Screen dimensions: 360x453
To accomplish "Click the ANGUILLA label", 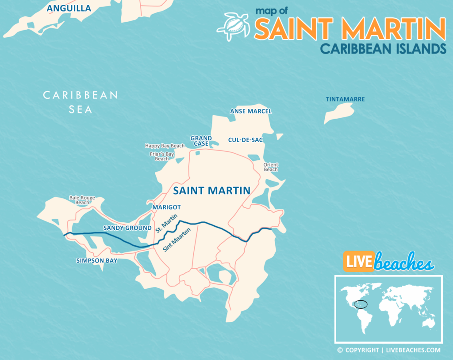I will click(x=69, y=8).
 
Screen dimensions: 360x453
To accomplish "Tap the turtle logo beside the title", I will click(x=233, y=26).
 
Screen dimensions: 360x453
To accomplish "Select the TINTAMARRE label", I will click(x=345, y=99).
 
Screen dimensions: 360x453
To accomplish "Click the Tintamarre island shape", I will click(x=339, y=113).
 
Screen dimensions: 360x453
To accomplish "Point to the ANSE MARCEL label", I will click(x=251, y=111).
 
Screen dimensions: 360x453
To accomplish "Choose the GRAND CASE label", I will click(x=201, y=141).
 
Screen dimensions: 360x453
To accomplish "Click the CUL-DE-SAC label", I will click(x=246, y=140).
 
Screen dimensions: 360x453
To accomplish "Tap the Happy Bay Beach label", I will click(x=165, y=146).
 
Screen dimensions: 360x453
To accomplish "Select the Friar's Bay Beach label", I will click(x=162, y=156).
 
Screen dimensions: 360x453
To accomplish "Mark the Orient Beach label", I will click(x=271, y=167).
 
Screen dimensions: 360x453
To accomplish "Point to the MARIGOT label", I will click(x=166, y=207).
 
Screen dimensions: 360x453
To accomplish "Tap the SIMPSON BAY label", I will click(x=96, y=261).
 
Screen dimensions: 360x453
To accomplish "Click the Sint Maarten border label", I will click(x=173, y=242).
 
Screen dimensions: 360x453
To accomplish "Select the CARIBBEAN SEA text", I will click(x=81, y=102).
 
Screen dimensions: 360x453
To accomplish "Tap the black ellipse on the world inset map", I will click(x=361, y=304).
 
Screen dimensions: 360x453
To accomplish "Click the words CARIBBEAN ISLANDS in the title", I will click(x=383, y=48).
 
